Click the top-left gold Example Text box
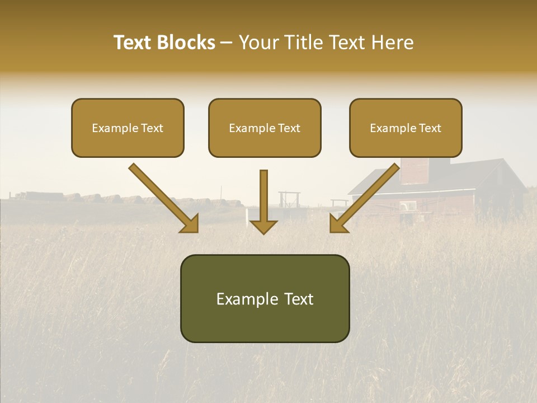coord(128,128)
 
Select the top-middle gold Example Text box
coord(265,128)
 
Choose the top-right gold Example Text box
coord(406,128)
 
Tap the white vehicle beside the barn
coord(407,207)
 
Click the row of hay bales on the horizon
coord(112,198)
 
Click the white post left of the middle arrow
coord(246,215)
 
